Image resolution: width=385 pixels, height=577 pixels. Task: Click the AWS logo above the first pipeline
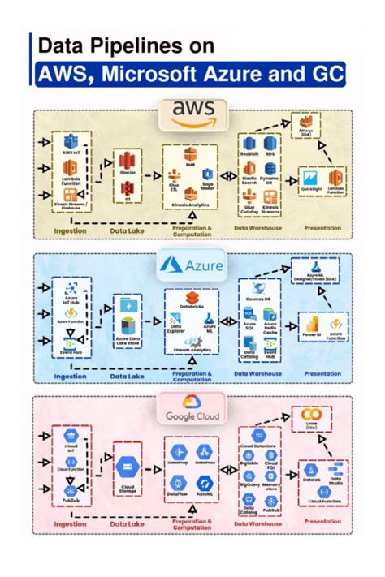(192, 112)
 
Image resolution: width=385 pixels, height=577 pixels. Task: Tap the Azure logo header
(192, 264)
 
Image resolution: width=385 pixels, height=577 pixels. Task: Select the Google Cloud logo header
(192, 409)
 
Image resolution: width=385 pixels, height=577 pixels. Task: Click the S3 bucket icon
(127, 190)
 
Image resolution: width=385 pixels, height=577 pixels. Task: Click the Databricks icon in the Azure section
(192, 299)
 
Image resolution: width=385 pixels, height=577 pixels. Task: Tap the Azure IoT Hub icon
(70, 291)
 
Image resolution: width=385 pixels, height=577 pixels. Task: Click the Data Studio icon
(335, 472)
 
